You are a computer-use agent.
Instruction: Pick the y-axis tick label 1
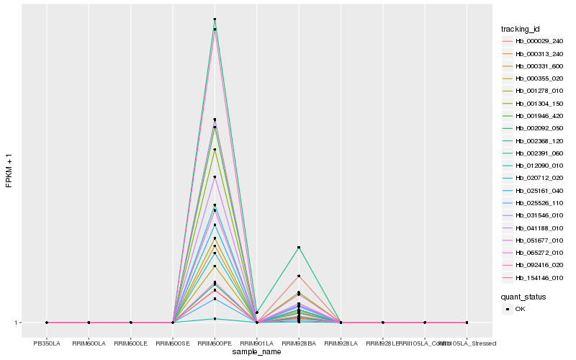click(x=15, y=323)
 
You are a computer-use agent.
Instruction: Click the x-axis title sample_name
click(x=257, y=352)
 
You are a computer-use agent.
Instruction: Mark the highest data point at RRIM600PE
click(x=215, y=19)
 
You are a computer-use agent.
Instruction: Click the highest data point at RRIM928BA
click(x=299, y=248)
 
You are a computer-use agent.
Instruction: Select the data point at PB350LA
click(x=47, y=323)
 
